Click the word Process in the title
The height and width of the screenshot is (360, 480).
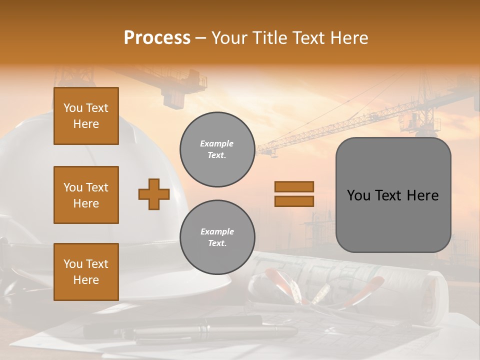pos(157,38)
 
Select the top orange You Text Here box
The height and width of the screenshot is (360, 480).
pos(86,116)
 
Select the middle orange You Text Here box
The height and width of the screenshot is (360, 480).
pos(86,195)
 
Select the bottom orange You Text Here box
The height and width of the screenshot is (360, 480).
pos(86,272)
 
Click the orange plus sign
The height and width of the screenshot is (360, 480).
pos(154,194)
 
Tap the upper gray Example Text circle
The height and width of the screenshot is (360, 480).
pos(217,149)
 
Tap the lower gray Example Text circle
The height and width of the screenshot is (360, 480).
pos(217,237)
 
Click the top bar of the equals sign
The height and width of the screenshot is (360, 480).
pos(294,186)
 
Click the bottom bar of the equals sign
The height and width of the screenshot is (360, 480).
pos(294,201)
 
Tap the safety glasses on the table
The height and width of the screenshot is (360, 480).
pos(290,290)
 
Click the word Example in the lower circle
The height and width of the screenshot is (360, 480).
pos(217,231)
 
